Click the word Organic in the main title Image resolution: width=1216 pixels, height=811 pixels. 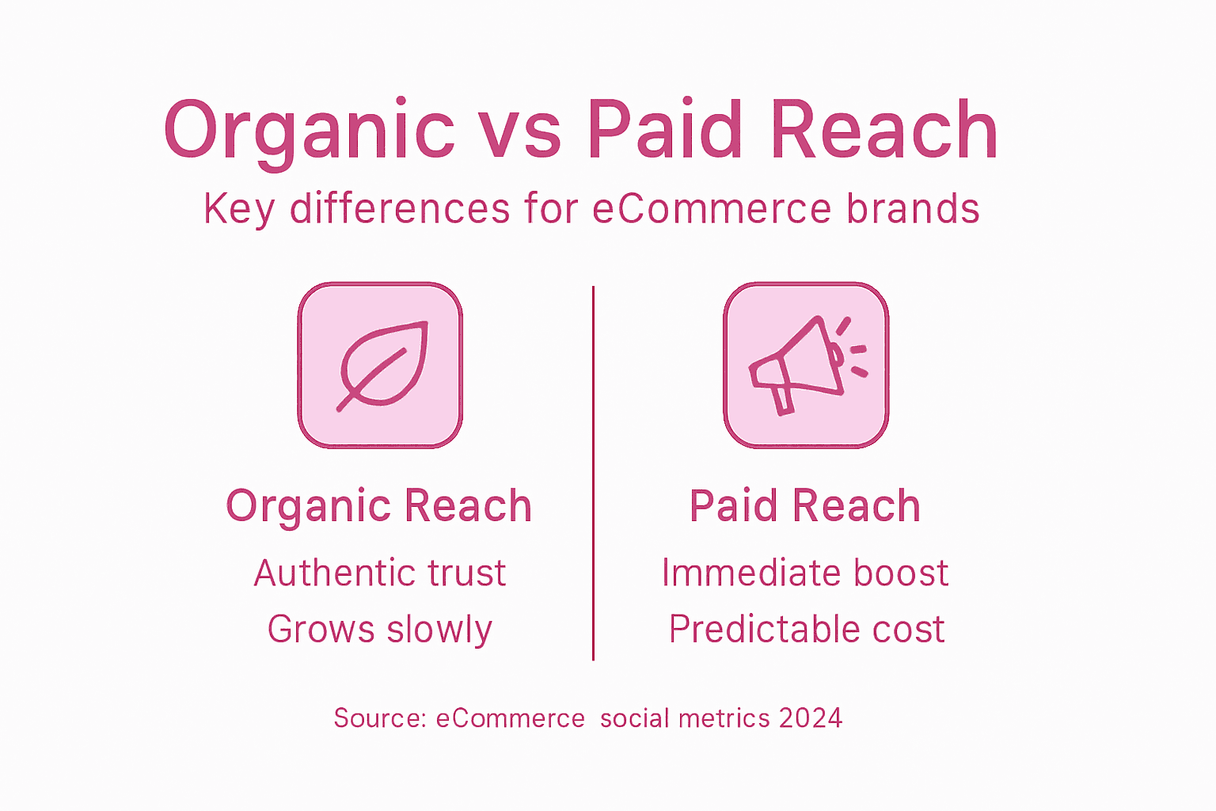[x=309, y=131]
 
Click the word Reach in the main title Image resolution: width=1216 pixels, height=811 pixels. [x=883, y=131]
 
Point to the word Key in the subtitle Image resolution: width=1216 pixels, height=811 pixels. [x=239, y=210]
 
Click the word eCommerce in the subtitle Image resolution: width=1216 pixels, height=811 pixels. [x=712, y=209]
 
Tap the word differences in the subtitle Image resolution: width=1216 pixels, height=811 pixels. [x=400, y=209]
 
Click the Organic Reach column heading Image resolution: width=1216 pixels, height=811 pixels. [x=378, y=506]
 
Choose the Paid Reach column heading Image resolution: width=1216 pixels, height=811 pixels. [x=805, y=506]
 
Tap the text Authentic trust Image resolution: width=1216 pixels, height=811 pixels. [x=380, y=573]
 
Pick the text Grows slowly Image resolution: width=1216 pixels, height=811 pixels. [x=380, y=630]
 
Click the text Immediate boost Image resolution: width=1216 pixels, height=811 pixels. [x=805, y=573]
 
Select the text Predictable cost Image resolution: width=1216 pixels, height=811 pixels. [x=807, y=630]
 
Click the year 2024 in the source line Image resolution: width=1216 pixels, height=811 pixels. [x=811, y=718]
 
